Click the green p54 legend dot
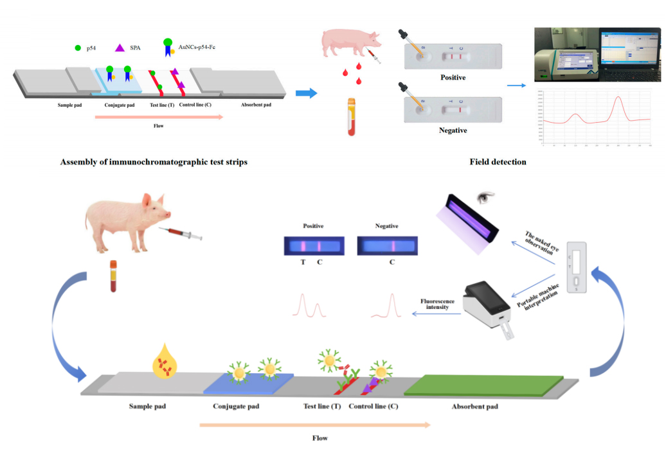(78, 48)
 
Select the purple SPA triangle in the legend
(120, 48)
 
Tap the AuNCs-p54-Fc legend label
(197, 47)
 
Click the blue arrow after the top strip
(306, 93)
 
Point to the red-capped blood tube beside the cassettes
(352, 116)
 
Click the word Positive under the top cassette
(453, 78)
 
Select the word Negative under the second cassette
(453, 130)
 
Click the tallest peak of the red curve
(618, 98)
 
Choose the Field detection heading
(498, 162)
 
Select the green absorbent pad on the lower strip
(483, 384)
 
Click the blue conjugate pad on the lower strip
(248, 383)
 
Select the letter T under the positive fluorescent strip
(303, 262)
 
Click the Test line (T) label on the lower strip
(322, 407)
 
